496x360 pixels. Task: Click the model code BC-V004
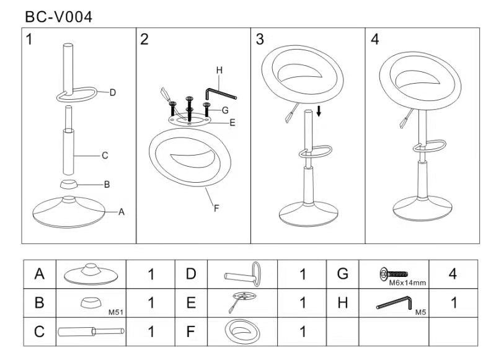[x=59, y=17]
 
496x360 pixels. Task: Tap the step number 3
[x=260, y=40]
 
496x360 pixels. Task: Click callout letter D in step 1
[x=113, y=93]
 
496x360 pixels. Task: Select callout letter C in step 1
[x=105, y=156]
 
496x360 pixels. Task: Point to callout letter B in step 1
[x=107, y=184]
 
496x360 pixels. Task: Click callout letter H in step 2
[x=219, y=70]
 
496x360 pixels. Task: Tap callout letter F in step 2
[x=216, y=208]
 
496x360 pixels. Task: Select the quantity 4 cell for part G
[x=453, y=274]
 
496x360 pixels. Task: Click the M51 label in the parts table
[x=117, y=312]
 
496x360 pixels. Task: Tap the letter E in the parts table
[x=191, y=303]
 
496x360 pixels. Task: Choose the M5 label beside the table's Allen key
[x=420, y=312]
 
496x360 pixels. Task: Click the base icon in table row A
[x=91, y=273]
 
